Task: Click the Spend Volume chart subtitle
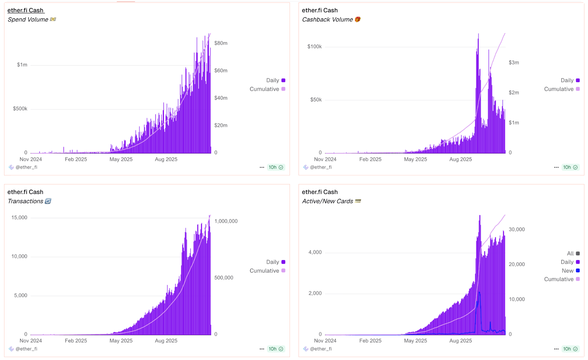[x=28, y=19]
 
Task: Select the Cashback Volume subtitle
[x=327, y=19]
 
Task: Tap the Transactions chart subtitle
[x=25, y=201]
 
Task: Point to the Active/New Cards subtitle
[x=327, y=201]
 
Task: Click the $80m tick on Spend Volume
[x=221, y=43]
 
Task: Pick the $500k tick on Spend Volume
[x=20, y=108]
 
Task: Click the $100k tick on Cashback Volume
[x=315, y=46]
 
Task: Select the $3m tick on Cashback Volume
[x=514, y=63]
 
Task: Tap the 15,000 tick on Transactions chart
[x=19, y=217]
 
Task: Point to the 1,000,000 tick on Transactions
[x=226, y=221]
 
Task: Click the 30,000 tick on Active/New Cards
[x=517, y=229]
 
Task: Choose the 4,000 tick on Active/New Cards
[x=315, y=252]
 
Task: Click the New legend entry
[x=568, y=271]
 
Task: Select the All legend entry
[x=570, y=253]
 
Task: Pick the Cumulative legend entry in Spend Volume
[x=265, y=89]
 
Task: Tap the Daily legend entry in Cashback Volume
[x=567, y=80]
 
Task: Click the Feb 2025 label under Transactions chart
[x=76, y=341]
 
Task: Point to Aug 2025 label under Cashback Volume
[x=460, y=159]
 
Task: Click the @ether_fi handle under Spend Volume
[x=26, y=167]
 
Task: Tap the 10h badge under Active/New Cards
[x=570, y=349]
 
